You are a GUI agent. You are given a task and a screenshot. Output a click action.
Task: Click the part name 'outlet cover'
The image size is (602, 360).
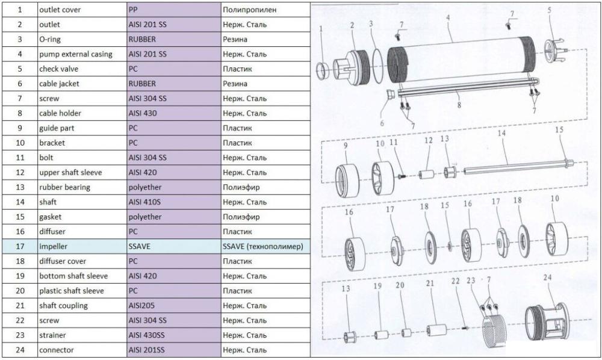tap(60, 10)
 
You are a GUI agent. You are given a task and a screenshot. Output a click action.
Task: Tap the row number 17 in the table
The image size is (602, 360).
tap(20, 246)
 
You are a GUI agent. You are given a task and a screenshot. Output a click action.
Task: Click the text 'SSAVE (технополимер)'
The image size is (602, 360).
tap(263, 246)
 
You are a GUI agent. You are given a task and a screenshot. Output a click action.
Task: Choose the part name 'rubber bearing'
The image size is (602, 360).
tap(64, 187)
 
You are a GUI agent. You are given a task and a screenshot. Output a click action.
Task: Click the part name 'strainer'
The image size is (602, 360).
tap(52, 335)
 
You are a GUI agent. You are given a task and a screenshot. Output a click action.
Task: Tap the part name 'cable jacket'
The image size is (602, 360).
tap(59, 84)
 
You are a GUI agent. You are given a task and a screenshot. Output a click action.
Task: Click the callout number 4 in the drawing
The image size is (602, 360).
tap(448, 18)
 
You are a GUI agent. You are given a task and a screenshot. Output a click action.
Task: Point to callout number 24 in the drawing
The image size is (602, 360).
tap(547, 277)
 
